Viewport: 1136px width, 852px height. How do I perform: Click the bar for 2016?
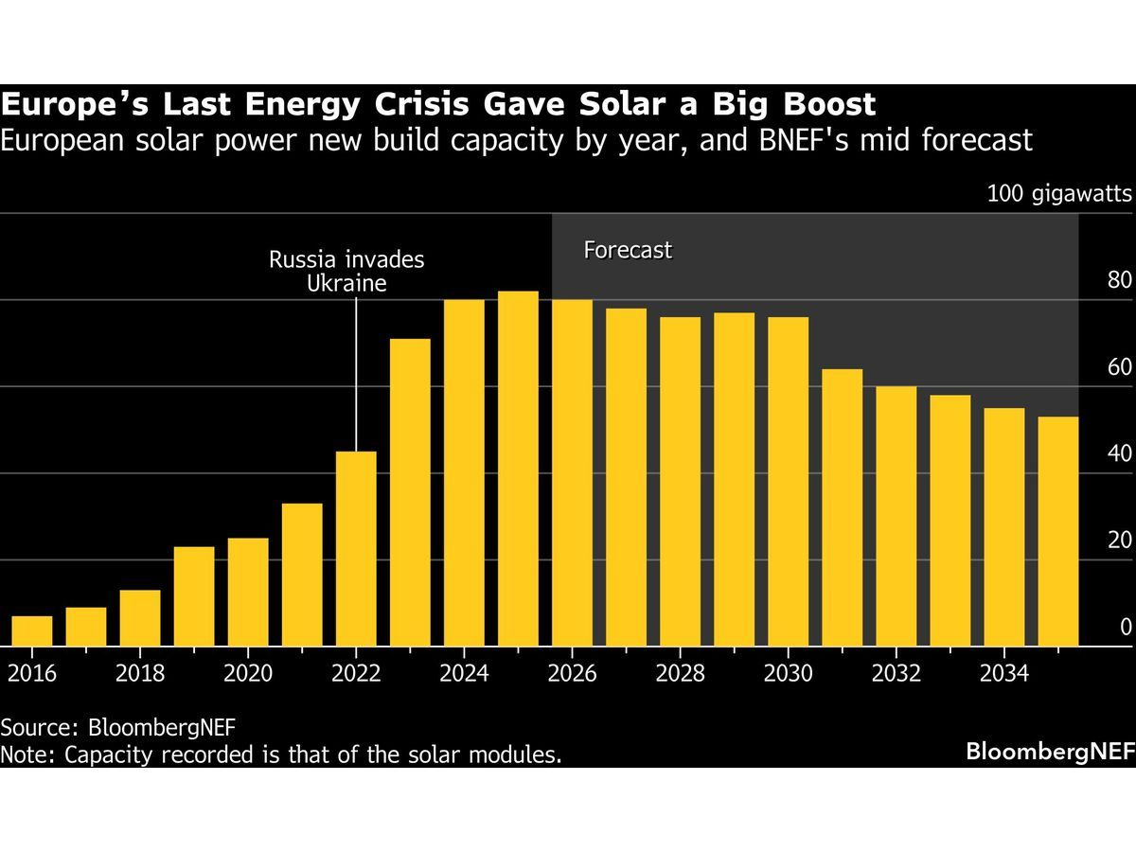pos(32,631)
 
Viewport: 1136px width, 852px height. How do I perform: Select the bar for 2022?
pos(356,549)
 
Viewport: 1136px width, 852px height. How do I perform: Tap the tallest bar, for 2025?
pos(518,469)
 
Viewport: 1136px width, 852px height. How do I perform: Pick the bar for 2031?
pos(842,507)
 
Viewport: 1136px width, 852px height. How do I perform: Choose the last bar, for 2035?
pos(1057,531)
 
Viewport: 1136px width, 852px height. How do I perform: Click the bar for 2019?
pos(194,596)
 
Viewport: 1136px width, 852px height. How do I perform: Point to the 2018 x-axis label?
pos(140,673)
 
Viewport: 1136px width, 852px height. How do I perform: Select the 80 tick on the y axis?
pos(1119,281)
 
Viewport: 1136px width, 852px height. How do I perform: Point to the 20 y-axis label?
pos(1119,541)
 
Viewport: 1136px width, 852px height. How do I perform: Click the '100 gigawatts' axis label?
pos(1059,194)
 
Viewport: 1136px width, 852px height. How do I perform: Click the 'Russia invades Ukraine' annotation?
pos(346,271)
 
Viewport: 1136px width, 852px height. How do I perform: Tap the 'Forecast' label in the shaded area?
pos(628,251)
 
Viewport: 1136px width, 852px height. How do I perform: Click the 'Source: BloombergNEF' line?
pos(118,727)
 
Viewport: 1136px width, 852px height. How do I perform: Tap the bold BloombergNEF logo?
pos(1048,753)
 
